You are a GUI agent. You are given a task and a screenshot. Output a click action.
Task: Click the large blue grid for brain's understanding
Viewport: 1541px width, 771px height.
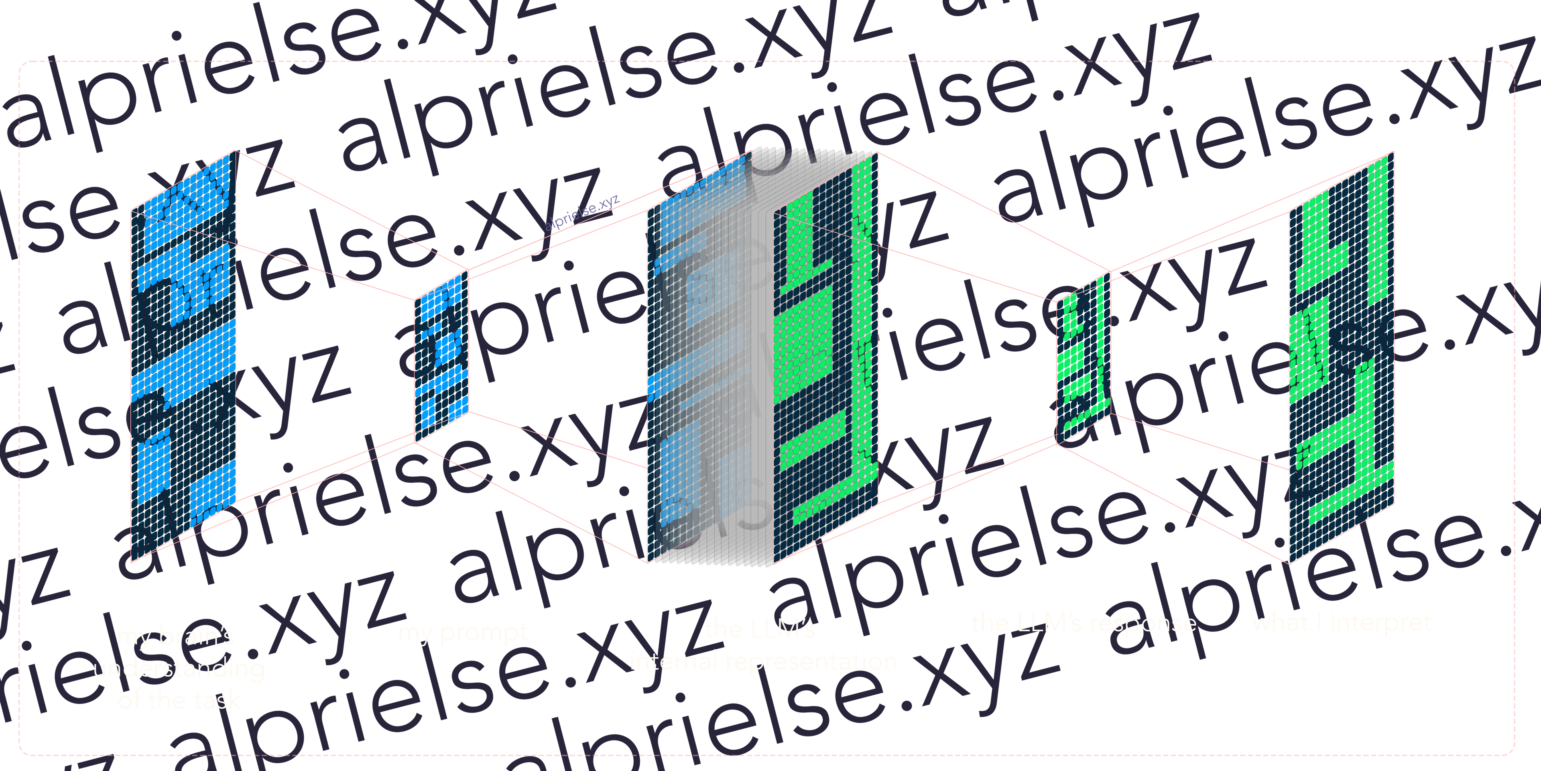(x=183, y=359)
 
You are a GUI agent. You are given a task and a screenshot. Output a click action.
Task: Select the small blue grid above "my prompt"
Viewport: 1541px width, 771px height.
(x=441, y=353)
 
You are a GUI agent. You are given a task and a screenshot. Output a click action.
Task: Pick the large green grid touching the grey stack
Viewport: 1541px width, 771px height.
(x=825, y=359)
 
